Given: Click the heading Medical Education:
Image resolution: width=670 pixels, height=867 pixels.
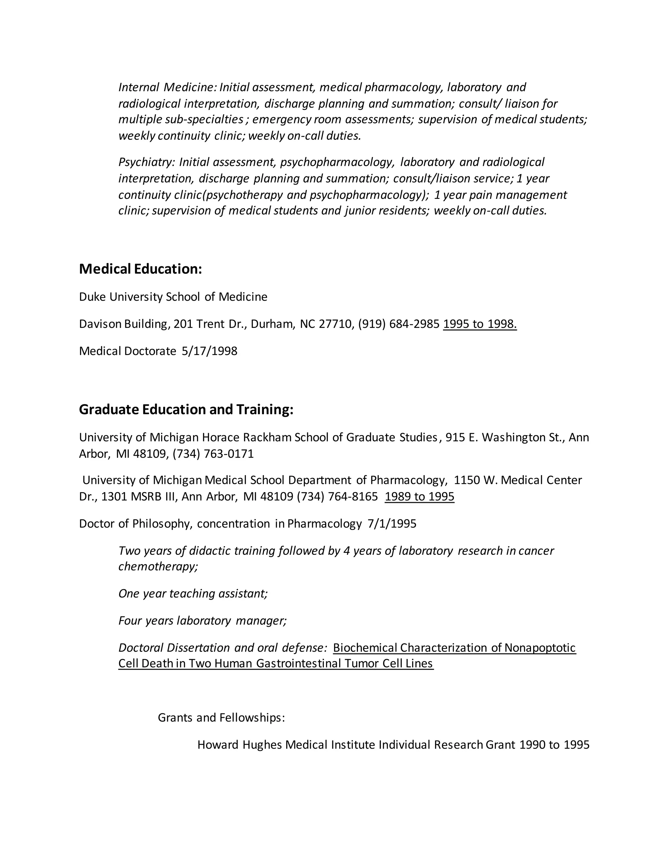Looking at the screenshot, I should coord(140,269).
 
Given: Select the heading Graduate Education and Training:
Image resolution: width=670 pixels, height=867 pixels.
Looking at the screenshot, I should coord(186,409).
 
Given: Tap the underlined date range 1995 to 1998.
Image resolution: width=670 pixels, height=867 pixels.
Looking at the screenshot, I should coord(480,324).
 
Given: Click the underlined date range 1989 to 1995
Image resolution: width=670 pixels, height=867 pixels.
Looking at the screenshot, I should coord(419,497).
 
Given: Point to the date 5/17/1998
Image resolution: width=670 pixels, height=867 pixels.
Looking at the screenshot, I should coord(210,351).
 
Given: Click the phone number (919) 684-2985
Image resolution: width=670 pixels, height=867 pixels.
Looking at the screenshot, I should coord(398,324).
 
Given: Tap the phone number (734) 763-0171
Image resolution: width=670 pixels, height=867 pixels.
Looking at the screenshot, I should coord(213,453).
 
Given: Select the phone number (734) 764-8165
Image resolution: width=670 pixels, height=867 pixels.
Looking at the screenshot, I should coord(337,497).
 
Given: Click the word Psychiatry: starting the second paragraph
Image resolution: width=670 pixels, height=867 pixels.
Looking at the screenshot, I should coord(147,162).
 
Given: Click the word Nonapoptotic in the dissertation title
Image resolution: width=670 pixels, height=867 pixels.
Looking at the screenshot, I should coord(540,648).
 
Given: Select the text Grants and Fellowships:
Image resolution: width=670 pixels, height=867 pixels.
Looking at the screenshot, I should coord(221,718).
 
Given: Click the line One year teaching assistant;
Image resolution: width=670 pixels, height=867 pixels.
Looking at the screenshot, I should coord(193,593).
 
